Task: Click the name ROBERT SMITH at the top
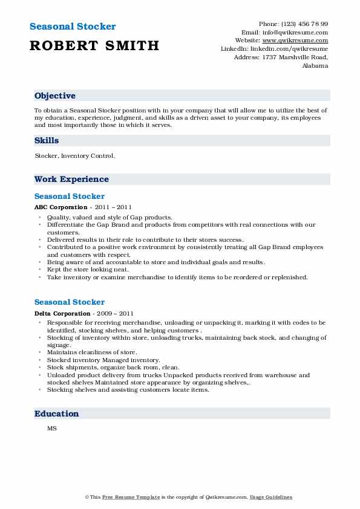[94, 45]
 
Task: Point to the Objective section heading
[55, 96]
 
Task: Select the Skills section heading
[47, 140]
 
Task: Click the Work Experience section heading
[71, 179]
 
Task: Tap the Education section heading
[57, 413]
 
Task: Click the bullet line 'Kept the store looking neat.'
[86, 270]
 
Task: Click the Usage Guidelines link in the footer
[271, 497]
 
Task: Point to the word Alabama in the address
[315, 66]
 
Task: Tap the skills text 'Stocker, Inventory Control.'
[74, 155]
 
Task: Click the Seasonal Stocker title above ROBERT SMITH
[72, 27]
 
